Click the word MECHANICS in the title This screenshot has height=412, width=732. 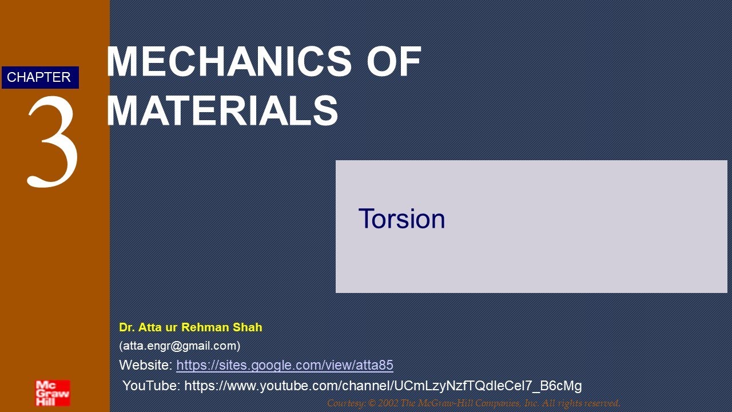pyautogui.click(x=229, y=61)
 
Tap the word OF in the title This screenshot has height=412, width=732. pyautogui.click(x=394, y=61)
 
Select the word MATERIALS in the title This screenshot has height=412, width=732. pyautogui.click(x=222, y=111)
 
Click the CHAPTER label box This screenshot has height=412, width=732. pyautogui.click(x=39, y=77)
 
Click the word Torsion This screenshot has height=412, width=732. pyautogui.click(x=401, y=219)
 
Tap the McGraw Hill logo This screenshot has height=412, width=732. pyautogui.click(x=52, y=393)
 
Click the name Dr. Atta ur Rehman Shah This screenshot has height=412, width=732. pyautogui.click(x=190, y=327)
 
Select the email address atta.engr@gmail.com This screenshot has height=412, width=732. pyautogui.click(x=180, y=346)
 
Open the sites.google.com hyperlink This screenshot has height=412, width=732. pyautogui.click(x=284, y=365)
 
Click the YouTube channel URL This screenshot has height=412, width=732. pyautogui.click(x=383, y=386)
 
